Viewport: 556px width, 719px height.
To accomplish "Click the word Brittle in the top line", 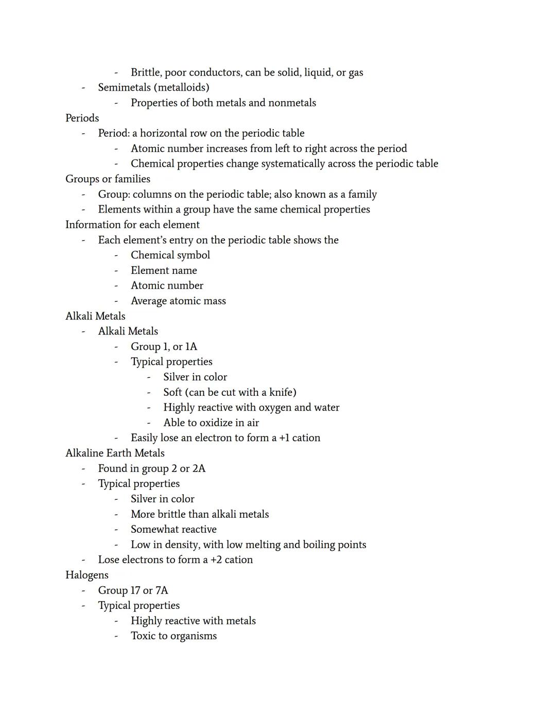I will click(x=146, y=73).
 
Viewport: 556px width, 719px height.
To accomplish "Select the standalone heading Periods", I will click(x=82, y=118).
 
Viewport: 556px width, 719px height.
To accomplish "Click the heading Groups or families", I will click(x=108, y=179).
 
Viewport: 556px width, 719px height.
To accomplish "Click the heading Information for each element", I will click(x=132, y=225).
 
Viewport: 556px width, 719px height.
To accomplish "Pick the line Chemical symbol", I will click(x=170, y=255).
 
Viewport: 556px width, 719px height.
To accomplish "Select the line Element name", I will click(x=164, y=270).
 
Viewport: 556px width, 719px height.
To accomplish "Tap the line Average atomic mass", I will click(x=178, y=301).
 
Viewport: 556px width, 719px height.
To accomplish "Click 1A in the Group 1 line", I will click(x=191, y=347).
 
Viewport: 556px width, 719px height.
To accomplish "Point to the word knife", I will click(x=281, y=393).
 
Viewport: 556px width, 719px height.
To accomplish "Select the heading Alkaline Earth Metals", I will click(x=115, y=453).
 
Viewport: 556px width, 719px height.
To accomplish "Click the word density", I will click(x=182, y=545).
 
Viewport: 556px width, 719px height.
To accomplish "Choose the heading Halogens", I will click(x=86, y=575).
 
